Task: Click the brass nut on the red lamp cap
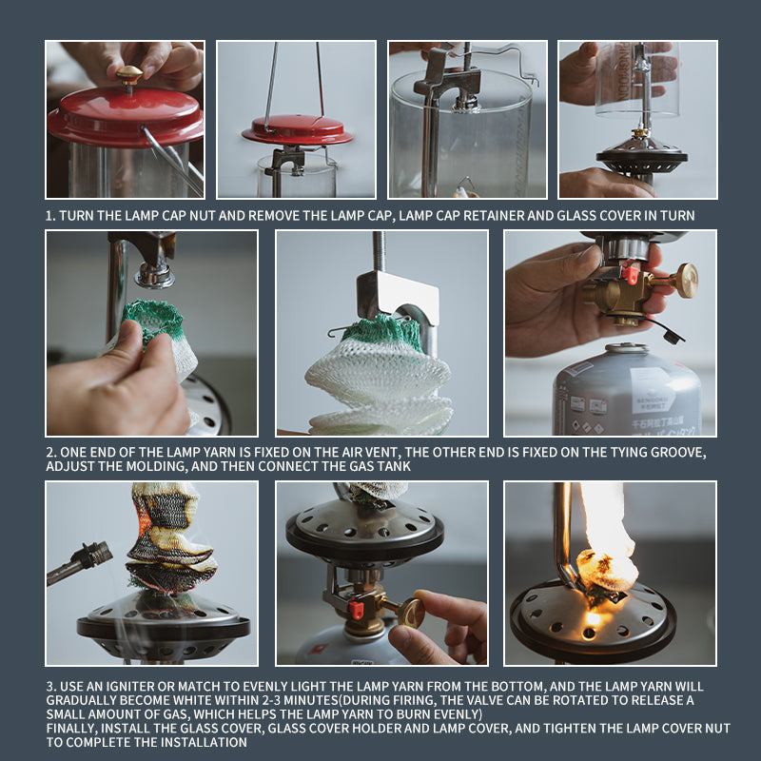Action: coord(129,74)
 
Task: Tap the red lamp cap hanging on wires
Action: coord(298,129)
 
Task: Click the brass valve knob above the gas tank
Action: coord(686,280)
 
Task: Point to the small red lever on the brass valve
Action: coord(630,273)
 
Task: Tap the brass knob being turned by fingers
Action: coord(410,613)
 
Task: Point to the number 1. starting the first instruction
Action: coord(50,216)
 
